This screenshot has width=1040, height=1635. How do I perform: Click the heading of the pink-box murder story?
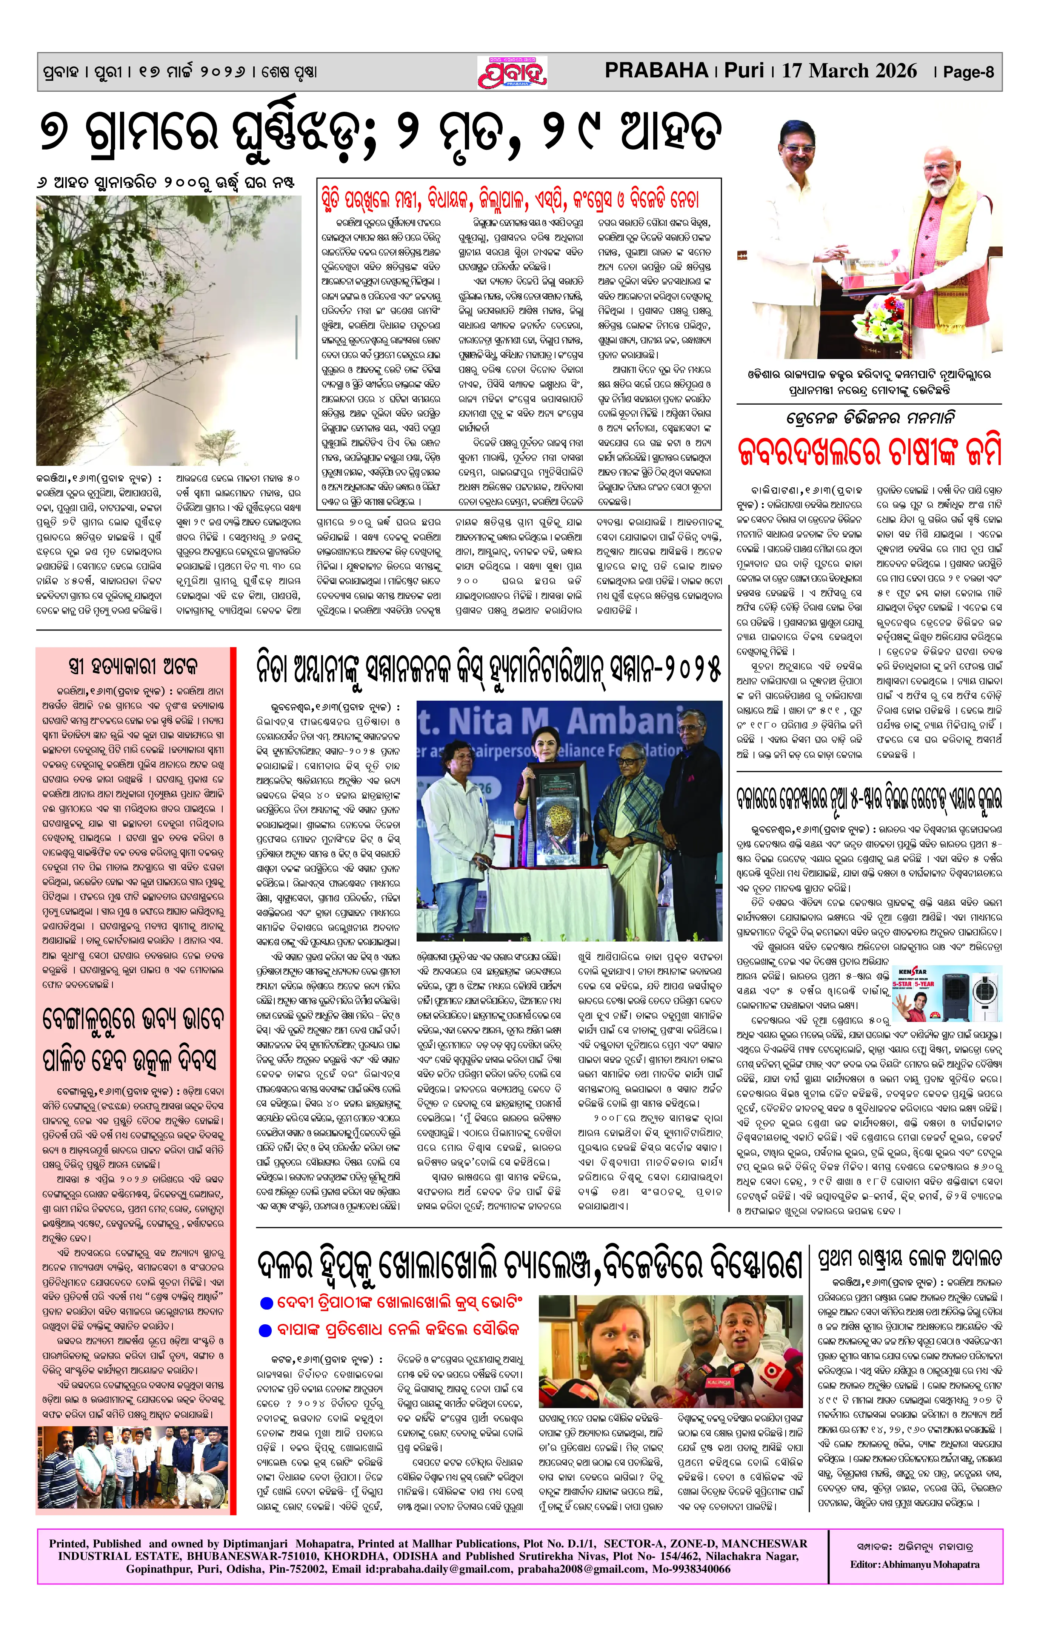pos(133,666)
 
